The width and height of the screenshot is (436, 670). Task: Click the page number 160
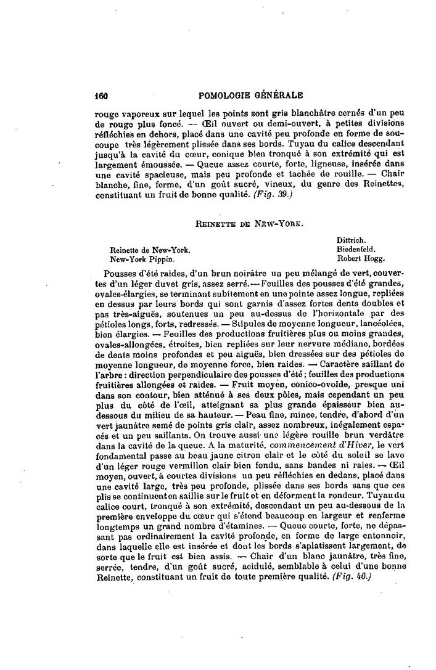[101, 96]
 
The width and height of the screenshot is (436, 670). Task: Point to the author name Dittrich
[352, 240]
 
